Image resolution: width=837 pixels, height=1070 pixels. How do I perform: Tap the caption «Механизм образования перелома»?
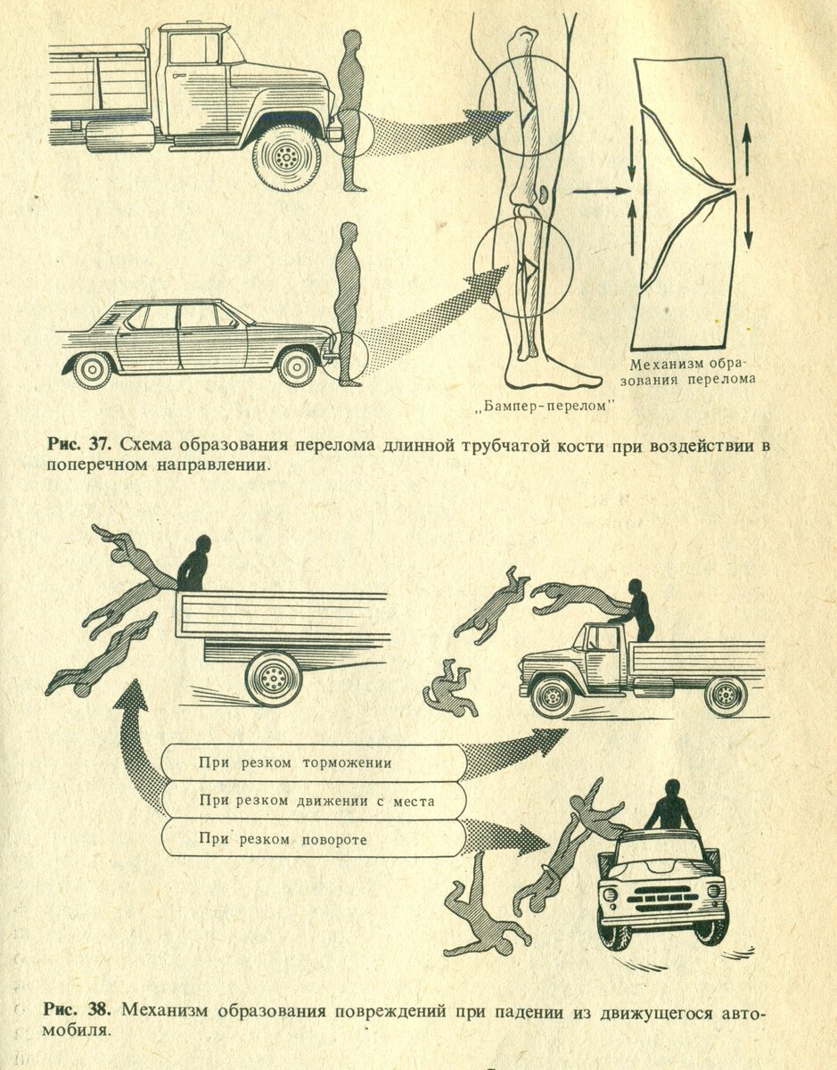pos(693,371)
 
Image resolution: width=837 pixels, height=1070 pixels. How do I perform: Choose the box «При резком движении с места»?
pos(316,801)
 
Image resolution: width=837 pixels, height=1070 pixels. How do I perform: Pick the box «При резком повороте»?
pos(283,840)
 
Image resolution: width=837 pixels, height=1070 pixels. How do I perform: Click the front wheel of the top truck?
pos(285,158)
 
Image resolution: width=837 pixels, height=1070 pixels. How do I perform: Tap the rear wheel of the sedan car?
pos(93,368)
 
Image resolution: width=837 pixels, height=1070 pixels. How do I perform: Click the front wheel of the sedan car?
pos(297,366)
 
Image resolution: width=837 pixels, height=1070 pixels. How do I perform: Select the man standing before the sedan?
pos(348,303)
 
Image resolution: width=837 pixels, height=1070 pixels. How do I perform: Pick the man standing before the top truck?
pos(353,111)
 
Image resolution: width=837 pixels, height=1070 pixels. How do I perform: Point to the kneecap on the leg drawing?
pos(545,193)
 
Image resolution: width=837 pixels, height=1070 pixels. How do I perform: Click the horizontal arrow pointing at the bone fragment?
pos(600,190)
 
